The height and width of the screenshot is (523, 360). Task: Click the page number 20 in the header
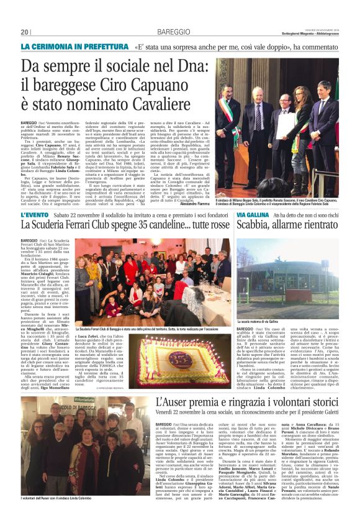click(25, 32)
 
